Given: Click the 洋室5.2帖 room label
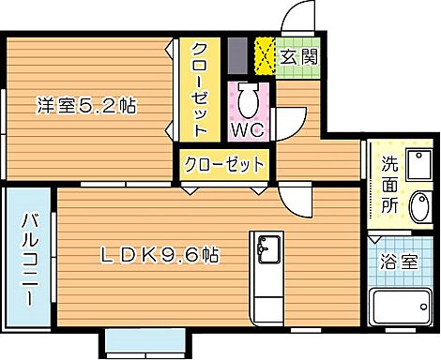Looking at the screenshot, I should pyautogui.click(x=87, y=107).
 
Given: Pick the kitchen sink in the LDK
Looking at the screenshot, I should pyautogui.click(x=268, y=251).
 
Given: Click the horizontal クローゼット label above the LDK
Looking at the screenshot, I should pyautogui.click(x=223, y=165).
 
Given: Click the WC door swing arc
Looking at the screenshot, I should pyautogui.click(x=293, y=120).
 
